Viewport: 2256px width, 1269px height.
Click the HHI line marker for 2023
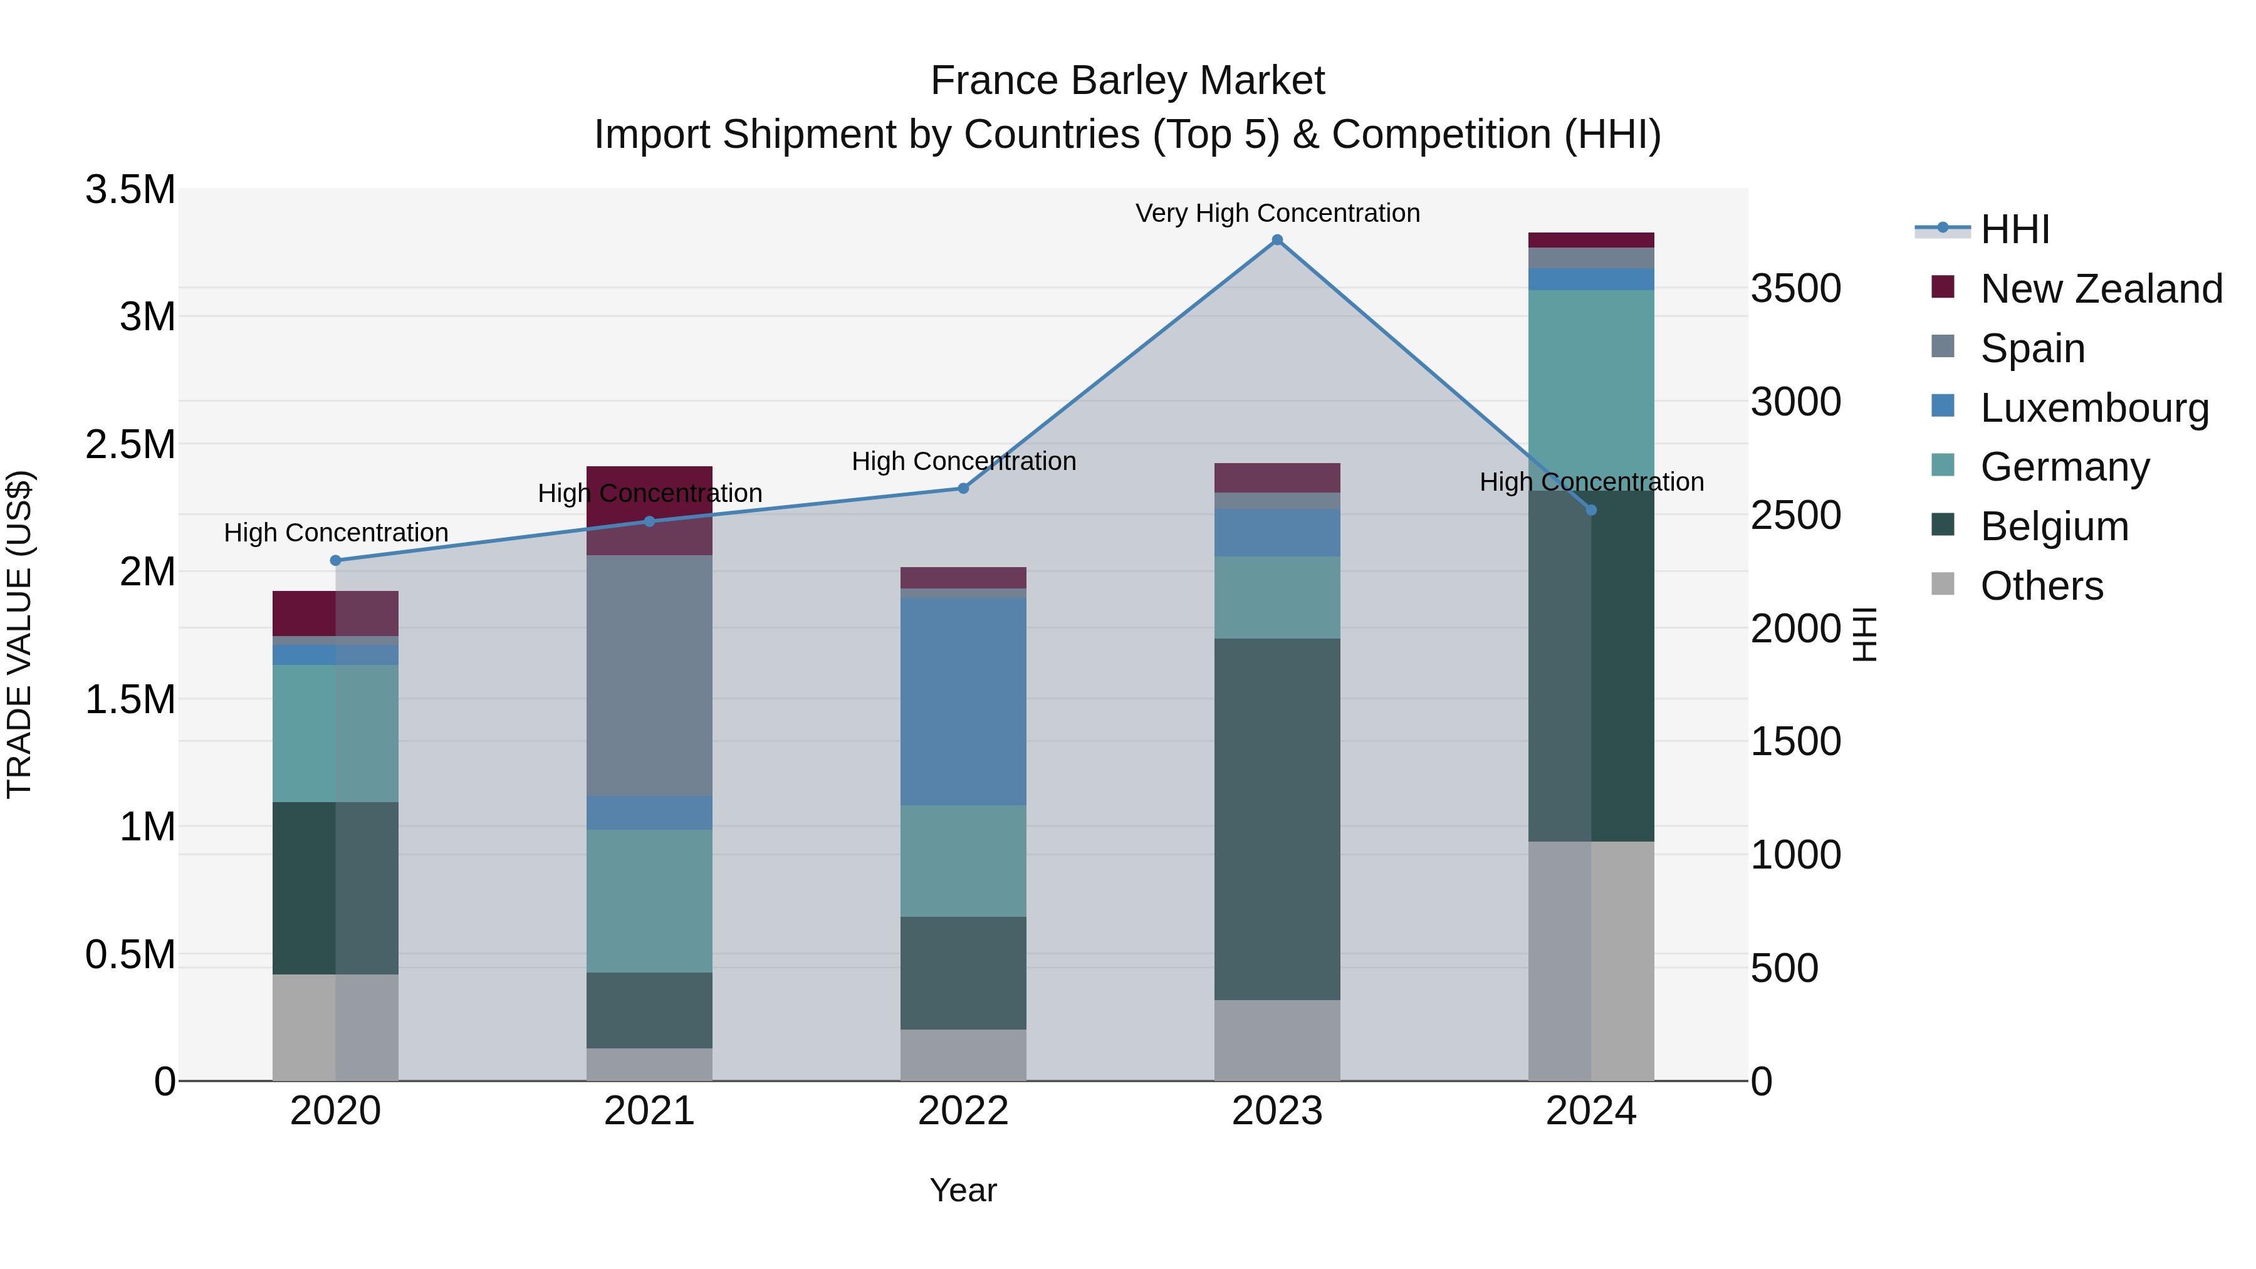coord(1277,240)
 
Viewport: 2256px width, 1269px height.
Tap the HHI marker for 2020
coord(335,560)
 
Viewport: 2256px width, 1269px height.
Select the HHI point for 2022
coord(963,489)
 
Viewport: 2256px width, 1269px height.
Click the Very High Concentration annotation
coord(1277,213)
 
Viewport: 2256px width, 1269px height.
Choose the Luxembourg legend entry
coord(2094,408)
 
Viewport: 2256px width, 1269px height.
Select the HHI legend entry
coord(2014,229)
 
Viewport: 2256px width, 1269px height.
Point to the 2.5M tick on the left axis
coord(130,445)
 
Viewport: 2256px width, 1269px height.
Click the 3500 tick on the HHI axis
coord(1795,289)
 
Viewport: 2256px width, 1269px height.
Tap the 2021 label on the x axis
coord(649,1111)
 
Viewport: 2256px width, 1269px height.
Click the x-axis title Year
coord(963,1190)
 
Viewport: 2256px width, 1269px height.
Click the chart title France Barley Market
coord(1127,81)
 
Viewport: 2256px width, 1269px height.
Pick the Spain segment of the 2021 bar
coord(649,675)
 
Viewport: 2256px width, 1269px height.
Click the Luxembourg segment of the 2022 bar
coord(963,701)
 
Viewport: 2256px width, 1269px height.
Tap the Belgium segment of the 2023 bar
coord(1277,819)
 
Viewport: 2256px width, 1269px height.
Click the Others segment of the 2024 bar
coord(1591,961)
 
